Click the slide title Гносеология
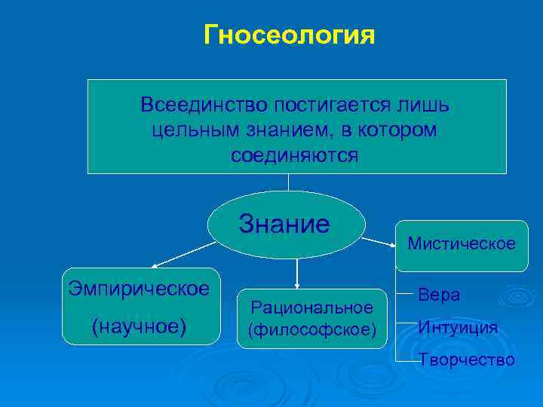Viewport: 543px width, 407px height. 289,35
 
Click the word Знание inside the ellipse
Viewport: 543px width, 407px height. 284,224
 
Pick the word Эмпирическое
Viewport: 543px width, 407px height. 139,288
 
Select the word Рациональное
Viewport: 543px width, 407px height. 311,308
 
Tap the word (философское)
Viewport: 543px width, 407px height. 311,330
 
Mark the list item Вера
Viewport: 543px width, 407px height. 439,295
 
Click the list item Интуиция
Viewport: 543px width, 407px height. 458,327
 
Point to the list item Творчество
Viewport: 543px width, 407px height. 467,360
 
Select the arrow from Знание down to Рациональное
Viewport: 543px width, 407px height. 297,274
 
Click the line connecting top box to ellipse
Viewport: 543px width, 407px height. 288,182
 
